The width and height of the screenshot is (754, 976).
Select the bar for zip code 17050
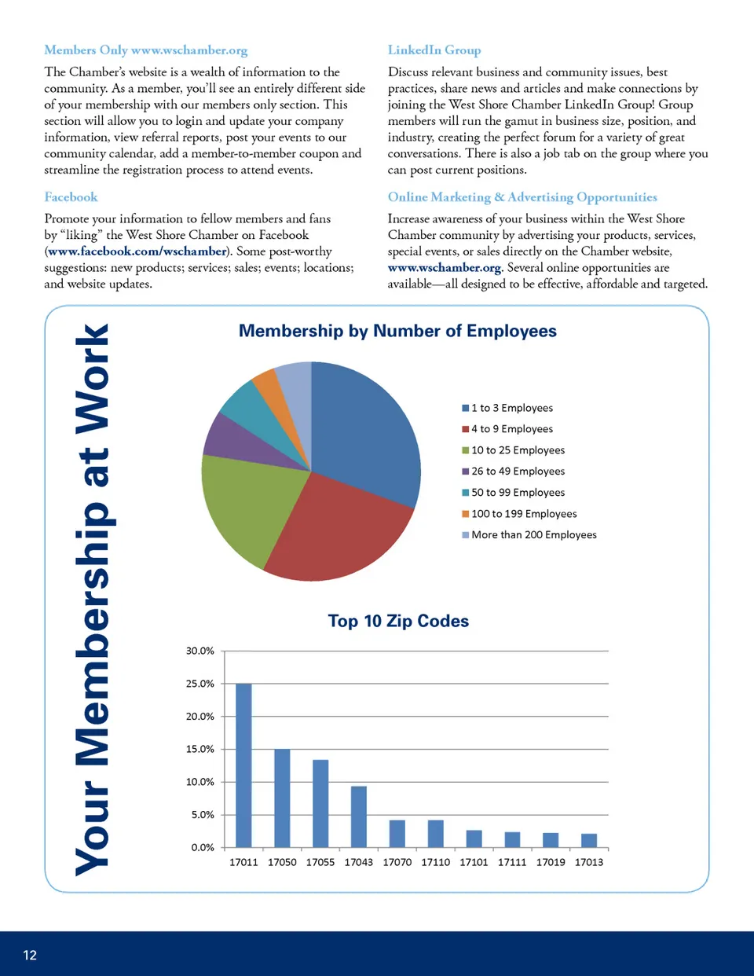pyautogui.click(x=282, y=798)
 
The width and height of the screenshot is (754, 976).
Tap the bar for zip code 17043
pyautogui.click(x=359, y=816)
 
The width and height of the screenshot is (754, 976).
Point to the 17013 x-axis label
pyautogui.click(x=589, y=862)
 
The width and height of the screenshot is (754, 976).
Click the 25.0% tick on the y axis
pyautogui.click(x=200, y=684)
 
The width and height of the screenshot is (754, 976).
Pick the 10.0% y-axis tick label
pyautogui.click(x=200, y=782)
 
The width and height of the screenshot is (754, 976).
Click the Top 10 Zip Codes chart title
pyautogui.click(x=398, y=621)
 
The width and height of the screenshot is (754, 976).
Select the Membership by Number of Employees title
pyautogui.click(x=397, y=331)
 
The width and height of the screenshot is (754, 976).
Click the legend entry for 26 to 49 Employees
pyautogui.click(x=518, y=471)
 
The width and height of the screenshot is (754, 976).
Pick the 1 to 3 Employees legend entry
pyautogui.click(x=511, y=408)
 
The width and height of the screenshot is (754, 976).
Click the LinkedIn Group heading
pyautogui.click(x=434, y=50)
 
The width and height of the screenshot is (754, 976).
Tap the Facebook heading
pyautogui.click(x=71, y=197)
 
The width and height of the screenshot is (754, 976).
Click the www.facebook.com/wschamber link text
pyautogui.click(x=137, y=251)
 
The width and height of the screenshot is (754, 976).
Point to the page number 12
pyautogui.click(x=30, y=955)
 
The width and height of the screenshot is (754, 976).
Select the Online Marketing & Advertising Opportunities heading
pyautogui.click(x=522, y=197)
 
